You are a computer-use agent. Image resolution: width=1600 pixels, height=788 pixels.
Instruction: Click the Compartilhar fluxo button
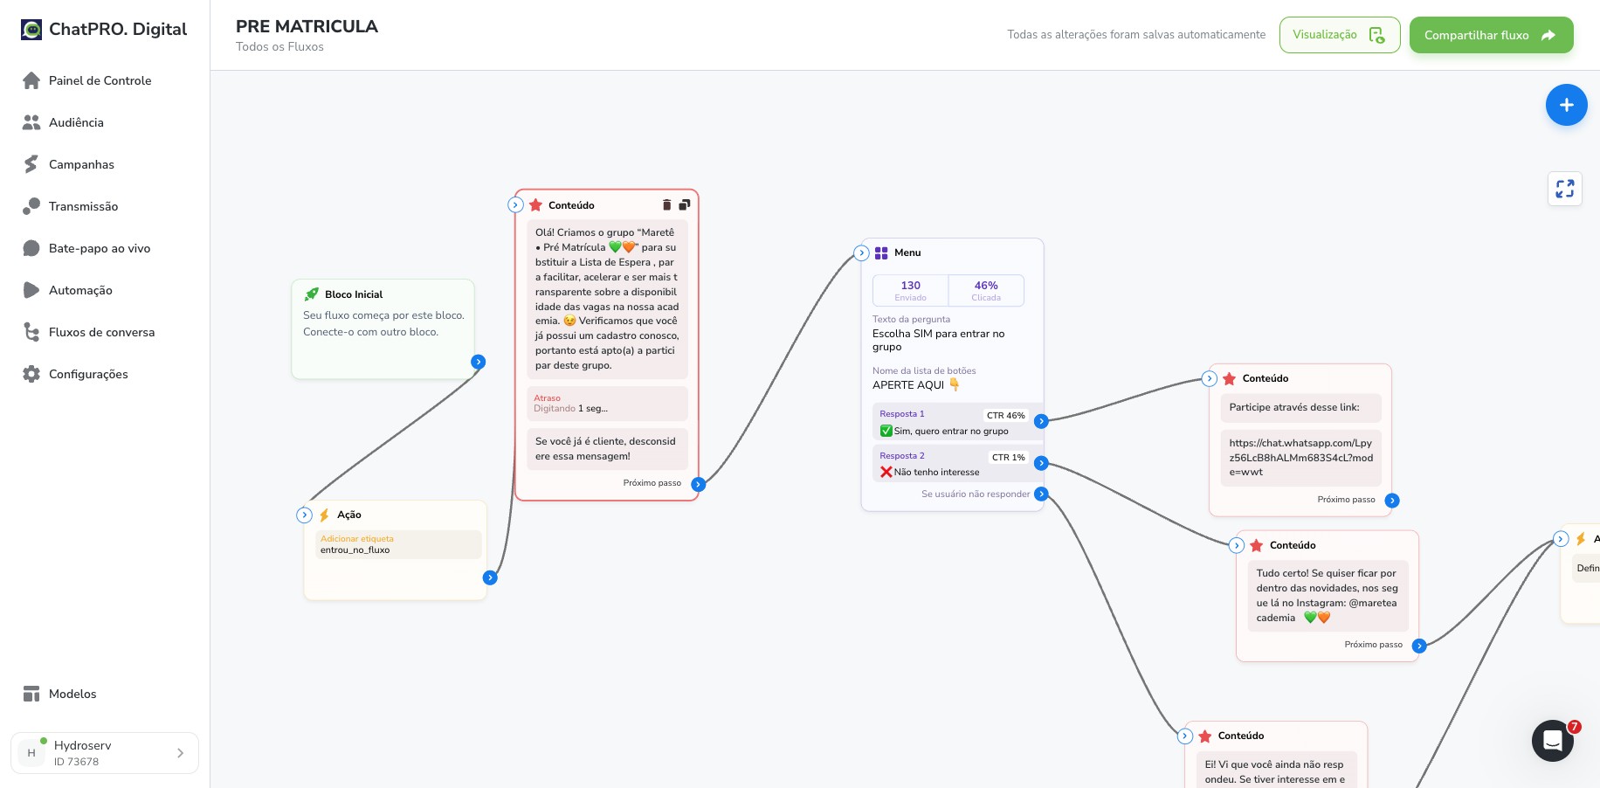point(1491,35)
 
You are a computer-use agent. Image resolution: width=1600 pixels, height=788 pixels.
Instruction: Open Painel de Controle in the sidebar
point(100,80)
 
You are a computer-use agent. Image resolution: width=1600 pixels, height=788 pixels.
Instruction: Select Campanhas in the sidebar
point(81,164)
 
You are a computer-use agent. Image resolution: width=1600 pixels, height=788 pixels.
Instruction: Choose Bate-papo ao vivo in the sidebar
point(100,248)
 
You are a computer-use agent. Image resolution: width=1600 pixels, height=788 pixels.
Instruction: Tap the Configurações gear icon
point(31,374)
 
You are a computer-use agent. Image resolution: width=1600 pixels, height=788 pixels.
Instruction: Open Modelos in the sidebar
point(72,694)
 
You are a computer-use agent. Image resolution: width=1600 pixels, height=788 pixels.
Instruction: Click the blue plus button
point(1566,105)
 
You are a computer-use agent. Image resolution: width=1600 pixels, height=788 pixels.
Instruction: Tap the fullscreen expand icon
point(1564,189)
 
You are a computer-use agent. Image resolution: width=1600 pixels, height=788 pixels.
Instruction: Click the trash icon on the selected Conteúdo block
point(666,204)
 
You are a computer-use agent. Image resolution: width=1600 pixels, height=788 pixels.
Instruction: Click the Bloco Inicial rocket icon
point(311,294)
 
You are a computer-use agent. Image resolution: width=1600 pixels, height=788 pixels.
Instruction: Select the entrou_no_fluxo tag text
point(355,550)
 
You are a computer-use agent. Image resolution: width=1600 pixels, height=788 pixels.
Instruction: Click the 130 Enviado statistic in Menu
point(910,290)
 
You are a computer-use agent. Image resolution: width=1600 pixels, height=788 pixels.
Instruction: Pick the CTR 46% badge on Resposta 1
point(1005,416)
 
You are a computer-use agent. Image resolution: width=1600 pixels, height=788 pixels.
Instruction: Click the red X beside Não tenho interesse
point(886,472)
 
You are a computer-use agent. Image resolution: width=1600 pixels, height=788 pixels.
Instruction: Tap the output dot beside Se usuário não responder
point(1040,494)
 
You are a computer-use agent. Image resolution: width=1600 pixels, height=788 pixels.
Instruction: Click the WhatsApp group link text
point(1300,458)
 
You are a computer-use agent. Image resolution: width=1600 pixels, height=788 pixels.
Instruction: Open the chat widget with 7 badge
point(1553,741)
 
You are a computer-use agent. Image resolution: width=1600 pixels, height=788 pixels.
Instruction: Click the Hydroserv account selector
point(105,753)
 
